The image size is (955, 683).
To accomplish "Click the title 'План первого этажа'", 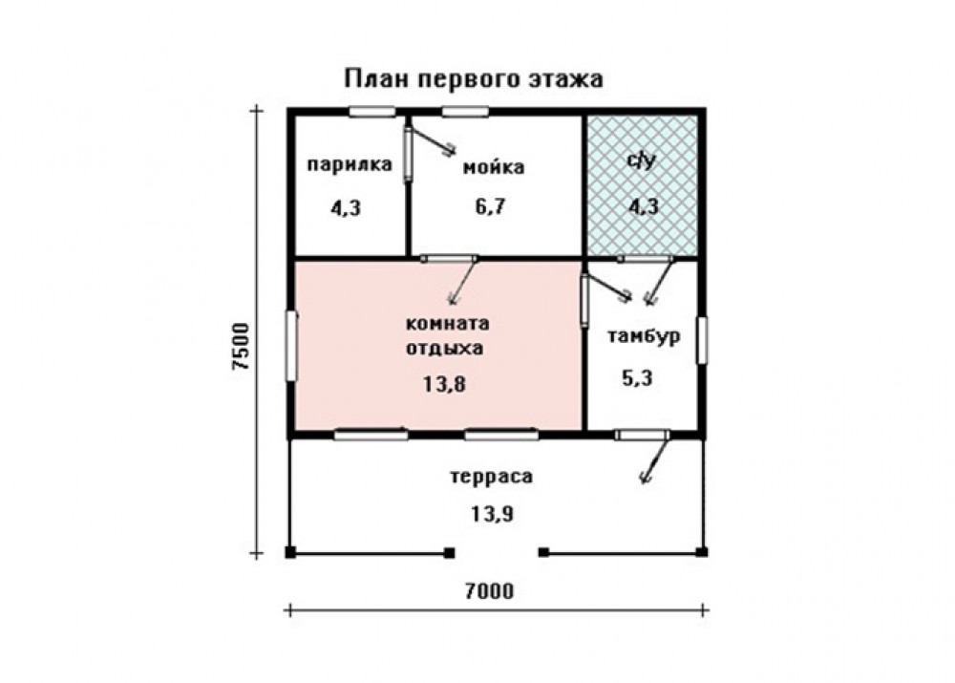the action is pyautogui.click(x=474, y=79).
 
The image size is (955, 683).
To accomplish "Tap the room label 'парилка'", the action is pyautogui.click(x=349, y=164).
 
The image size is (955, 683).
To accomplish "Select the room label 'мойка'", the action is pyautogui.click(x=494, y=167).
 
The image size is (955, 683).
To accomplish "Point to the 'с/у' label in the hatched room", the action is pyautogui.click(x=642, y=160).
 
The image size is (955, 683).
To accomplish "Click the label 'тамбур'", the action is pyautogui.click(x=644, y=337).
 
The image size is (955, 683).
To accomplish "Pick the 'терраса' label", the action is pyautogui.click(x=491, y=477).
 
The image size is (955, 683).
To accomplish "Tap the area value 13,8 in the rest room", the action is pyautogui.click(x=445, y=384).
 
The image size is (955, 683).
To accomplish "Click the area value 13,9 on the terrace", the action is pyautogui.click(x=492, y=514).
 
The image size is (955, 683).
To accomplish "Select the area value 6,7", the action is pyautogui.click(x=490, y=206).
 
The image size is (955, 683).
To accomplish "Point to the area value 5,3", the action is pyautogui.click(x=637, y=378).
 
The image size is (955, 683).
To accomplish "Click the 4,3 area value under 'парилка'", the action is pyautogui.click(x=346, y=208).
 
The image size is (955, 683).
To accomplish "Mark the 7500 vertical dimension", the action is pyautogui.click(x=242, y=346).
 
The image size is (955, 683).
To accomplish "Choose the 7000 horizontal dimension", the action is pyautogui.click(x=489, y=591).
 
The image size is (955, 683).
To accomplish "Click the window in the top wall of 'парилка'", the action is pyautogui.click(x=372, y=112).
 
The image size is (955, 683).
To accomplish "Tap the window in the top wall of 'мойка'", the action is pyautogui.click(x=465, y=112).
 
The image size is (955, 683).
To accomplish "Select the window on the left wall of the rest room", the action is pyautogui.click(x=291, y=346).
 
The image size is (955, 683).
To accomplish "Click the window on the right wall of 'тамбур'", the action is pyautogui.click(x=702, y=341).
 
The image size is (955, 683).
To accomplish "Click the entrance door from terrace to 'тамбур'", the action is pyautogui.click(x=642, y=435).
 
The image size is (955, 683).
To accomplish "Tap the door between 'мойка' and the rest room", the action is pyautogui.click(x=449, y=258).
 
